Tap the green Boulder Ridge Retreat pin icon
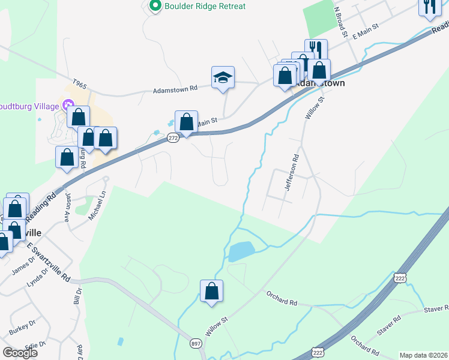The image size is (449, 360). pos(155,6)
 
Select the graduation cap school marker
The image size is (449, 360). pos(223,78)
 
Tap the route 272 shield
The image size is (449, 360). pos(173,138)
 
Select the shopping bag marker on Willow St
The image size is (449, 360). pos(211,292)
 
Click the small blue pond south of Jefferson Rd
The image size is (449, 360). pos(241,251)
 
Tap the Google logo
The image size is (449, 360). pos(20,353)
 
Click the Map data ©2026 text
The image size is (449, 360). pos(423,355)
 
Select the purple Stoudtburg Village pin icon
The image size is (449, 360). pos(68,106)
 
